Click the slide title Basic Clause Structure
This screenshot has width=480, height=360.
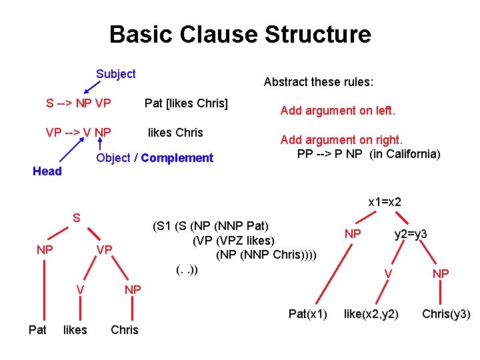coord(240,34)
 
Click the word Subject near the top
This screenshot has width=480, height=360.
coord(115,74)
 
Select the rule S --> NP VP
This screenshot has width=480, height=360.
coord(78,103)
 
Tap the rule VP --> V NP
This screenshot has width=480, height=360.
coord(78,132)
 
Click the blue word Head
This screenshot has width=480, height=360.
coord(47,171)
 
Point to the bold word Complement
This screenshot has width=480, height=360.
coord(177,158)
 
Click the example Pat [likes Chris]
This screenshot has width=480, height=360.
coord(186,103)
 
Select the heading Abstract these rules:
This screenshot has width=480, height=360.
coord(319,82)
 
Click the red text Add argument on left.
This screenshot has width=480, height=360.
coord(337,111)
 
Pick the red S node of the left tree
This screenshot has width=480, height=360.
coord(77,217)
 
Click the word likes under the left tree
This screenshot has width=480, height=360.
coord(75,329)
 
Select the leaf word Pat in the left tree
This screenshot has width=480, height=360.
coord(37,329)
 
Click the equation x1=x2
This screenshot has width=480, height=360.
coord(385,201)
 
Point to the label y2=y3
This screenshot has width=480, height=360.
coord(411,233)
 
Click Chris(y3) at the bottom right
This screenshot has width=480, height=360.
coord(446,313)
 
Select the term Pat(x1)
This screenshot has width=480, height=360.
coord(308,313)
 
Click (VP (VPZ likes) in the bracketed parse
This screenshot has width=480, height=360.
coord(233,240)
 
